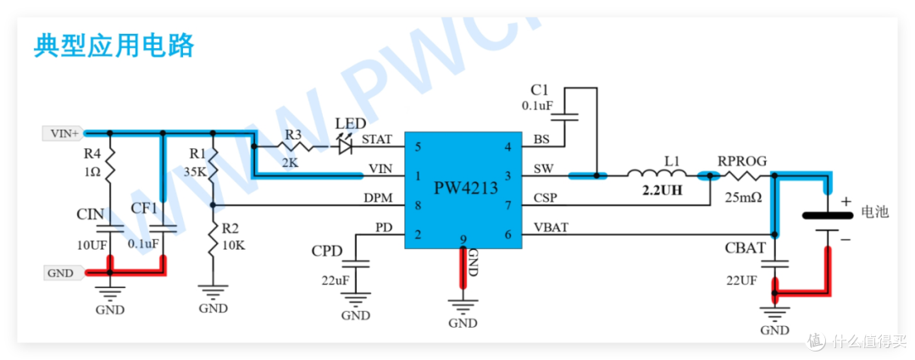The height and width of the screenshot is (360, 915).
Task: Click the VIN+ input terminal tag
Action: (64, 134)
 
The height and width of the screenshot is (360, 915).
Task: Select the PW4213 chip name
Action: (466, 188)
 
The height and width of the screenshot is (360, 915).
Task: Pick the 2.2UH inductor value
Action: (661, 191)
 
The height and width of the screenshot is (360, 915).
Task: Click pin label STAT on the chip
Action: (377, 140)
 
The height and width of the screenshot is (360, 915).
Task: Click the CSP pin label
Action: (545, 198)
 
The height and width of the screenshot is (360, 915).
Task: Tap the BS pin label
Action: (541, 140)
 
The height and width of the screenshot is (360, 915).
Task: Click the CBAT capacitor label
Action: (745, 248)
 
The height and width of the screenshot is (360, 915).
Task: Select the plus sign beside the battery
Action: (846, 202)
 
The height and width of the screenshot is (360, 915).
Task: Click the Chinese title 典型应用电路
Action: (114, 46)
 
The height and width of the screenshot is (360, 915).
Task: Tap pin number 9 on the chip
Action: (463, 239)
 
